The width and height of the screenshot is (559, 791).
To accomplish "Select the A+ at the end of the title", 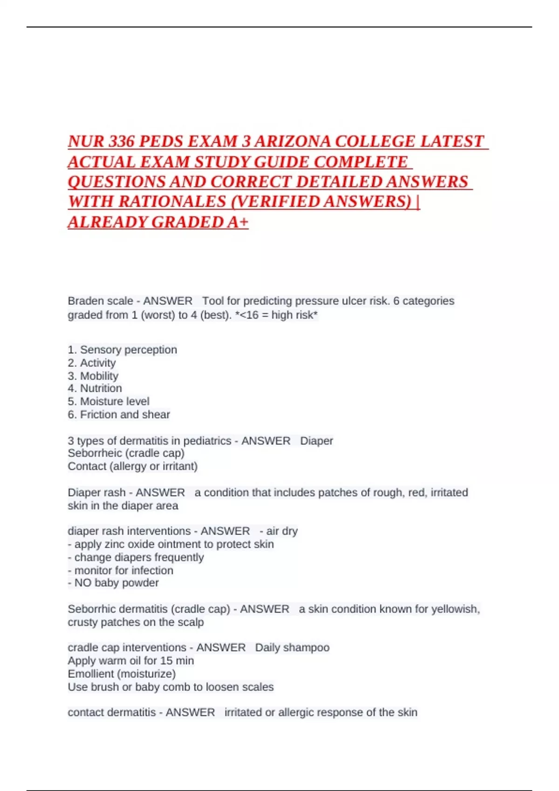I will click(238, 222).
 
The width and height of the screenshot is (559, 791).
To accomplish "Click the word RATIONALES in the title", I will click(172, 202).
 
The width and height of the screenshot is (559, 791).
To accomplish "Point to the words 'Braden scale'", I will click(100, 301).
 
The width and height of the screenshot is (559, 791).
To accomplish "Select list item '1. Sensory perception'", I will click(122, 349).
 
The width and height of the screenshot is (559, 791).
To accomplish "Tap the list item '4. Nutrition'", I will click(95, 388).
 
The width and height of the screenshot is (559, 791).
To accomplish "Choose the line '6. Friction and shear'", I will click(119, 414).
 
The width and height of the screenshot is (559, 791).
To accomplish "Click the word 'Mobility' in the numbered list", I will click(99, 375).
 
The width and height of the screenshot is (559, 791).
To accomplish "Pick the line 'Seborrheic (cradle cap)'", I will click(126, 453).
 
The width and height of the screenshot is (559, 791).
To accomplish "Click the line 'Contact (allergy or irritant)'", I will click(132, 466).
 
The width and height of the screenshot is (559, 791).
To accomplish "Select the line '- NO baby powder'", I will click(113, 583).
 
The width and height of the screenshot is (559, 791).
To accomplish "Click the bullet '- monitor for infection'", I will click(120, 570).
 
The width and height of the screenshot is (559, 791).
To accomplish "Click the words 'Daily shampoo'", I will click(292, 647).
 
